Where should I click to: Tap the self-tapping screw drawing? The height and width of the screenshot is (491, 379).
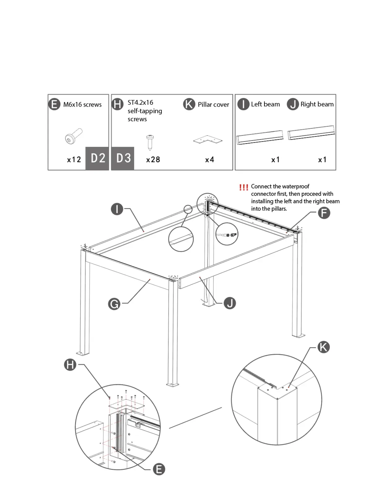(x=150, y=142)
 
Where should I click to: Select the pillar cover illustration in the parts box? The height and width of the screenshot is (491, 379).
(x=208, y=140)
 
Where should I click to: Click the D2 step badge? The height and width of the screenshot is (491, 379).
(x=98, y=158)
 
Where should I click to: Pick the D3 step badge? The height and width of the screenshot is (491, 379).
(x=123, y=158)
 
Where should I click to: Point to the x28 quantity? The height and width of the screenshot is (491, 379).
(x=153, y=160)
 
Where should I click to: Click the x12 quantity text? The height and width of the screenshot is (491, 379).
(x=74, y=160)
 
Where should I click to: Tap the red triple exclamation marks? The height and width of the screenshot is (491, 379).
(x=244, y=187)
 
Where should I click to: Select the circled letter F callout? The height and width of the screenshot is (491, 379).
(x=324, y=213)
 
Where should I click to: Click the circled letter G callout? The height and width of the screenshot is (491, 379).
(x=114, y=304)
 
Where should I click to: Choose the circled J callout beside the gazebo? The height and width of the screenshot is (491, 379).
(x=230, y=303)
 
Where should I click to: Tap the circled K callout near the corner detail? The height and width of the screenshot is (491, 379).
(x=323, y=347)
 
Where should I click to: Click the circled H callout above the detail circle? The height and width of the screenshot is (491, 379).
(x=70, y=365)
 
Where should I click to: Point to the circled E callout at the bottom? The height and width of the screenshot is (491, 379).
(x=159, y=469)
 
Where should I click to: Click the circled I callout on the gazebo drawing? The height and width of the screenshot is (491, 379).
(x=117, y=209)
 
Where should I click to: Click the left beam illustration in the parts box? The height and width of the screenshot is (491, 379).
(x=260, y=137)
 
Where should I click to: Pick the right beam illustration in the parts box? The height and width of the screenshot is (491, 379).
(x=311, y=133)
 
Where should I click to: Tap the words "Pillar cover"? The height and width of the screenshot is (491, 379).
(x=213, y=104)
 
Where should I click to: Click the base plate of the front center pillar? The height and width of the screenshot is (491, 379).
(x=172, y=385)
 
